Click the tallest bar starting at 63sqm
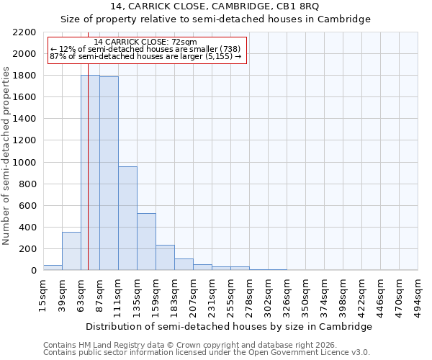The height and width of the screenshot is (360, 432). tap(90, 173)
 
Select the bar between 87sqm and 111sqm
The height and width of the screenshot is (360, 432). tap(109, 174)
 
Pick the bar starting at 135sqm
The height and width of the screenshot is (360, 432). tap(146, 242)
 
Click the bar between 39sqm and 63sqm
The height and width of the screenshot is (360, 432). tap(71, 251)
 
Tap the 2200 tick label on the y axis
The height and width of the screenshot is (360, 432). tap(24, 32)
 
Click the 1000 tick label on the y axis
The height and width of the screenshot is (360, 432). tap(24, 162)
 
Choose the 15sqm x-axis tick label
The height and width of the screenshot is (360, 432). tap(44, 293)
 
